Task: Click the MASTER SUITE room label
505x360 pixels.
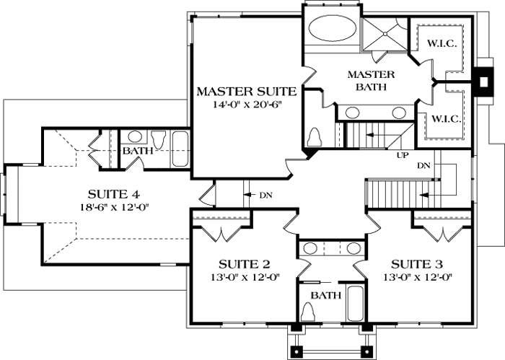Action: pyautogui.click(x=247, y=92)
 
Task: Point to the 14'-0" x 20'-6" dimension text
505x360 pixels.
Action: pyautogui.click(x=247, y=105)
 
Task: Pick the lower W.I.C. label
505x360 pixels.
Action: pyautogui.click(x=447, y=118)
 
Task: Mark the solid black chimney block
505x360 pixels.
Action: pyautogui.click(x=480, y=81)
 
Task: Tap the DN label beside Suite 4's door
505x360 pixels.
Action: pyautogui.click(x=266, y=195)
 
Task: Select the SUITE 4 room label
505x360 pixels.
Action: pyautogui.click(x=113, y=193)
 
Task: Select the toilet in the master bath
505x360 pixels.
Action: pyautogui.click(x=315, y=136)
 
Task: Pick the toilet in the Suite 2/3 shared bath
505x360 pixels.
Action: pyautogui.click(x=308, y=311)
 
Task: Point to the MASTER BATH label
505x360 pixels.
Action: pyautogui.click(x=371, y=80)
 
